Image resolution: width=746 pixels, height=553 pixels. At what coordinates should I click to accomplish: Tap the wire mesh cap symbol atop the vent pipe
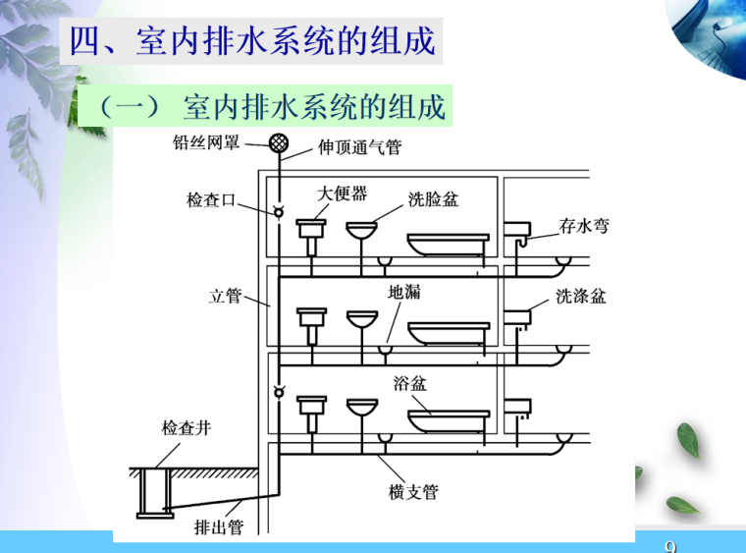[x=279, y=145]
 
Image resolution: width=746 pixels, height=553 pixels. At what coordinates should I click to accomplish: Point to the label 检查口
[x=211, y=200]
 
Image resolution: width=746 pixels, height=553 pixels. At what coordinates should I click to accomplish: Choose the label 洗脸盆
[x=433, y=199]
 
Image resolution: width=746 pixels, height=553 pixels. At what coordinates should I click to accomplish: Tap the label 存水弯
[x=584, y=227]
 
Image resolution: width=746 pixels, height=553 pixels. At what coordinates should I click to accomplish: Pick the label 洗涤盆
[x=581, y=296]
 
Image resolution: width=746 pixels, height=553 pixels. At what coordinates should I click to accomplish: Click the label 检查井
[x=186, y=428]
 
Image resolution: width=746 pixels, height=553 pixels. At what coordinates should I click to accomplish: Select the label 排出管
[x=218, y=527]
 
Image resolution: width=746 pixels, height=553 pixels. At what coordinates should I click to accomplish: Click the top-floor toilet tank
[x=312, y=232]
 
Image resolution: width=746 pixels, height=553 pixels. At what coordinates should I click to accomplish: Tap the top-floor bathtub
[x=447, y=244]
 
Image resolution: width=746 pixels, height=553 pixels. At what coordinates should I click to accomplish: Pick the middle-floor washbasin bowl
[x=361, y=319]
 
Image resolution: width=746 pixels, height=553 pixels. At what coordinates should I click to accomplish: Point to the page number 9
[x=671, y=545]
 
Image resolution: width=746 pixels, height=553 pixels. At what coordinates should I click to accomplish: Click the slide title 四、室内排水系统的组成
[x=250, y=42]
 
